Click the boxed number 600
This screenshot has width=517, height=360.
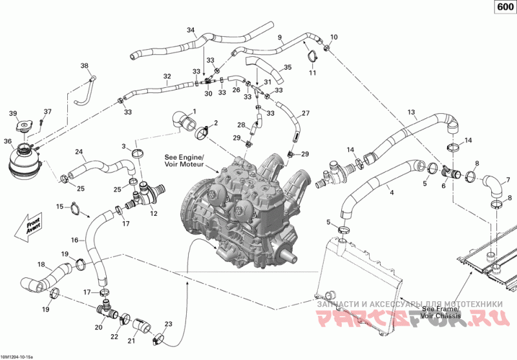(505, 6)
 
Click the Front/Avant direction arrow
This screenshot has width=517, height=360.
(29, 227)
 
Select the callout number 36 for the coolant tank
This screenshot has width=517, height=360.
(8, 142)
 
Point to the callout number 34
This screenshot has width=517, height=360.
(191, 30)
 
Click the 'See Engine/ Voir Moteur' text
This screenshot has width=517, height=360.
(184, 160)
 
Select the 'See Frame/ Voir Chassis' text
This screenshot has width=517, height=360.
(441, 312)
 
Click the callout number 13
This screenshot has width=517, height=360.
(411, 112)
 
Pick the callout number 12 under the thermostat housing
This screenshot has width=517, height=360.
(154, 214)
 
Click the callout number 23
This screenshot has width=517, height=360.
(168, 324)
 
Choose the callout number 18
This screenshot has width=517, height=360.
(41, 264)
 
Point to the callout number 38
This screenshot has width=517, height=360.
(85, 66)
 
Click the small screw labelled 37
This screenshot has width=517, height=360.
(41, 122)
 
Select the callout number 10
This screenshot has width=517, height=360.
(334, 37)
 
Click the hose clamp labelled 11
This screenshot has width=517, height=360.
(312, 56)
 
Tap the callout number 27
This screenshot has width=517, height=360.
(306, 113)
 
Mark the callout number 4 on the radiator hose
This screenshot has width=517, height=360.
(392, 193)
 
